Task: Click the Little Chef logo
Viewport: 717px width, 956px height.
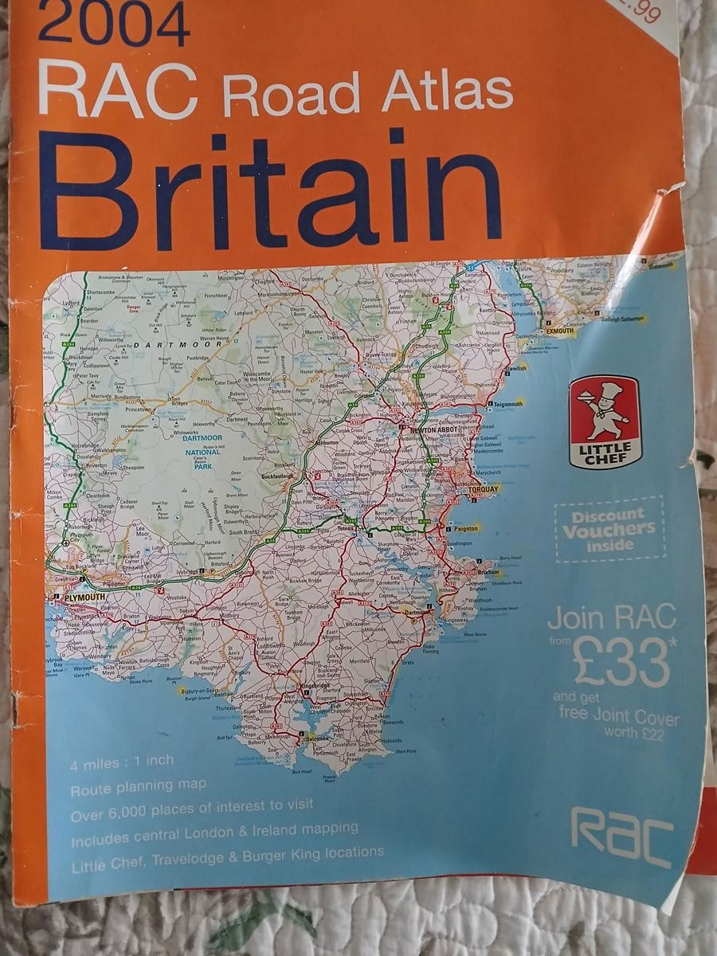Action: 605,422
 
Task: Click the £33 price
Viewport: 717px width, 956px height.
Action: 621,660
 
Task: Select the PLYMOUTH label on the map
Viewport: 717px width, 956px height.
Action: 80,597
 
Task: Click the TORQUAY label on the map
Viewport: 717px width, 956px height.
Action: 484,488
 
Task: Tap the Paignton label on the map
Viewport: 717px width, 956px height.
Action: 466,527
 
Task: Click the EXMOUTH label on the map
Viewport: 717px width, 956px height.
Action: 559,330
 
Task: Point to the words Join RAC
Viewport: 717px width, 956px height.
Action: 611,617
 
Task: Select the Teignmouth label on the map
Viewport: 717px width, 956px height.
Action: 508,404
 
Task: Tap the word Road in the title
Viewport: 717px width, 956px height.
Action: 291,94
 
